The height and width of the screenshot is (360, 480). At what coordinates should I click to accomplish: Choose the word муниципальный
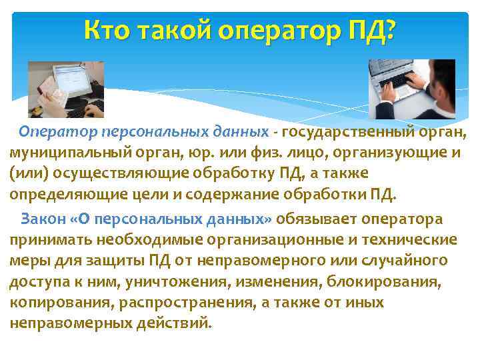point(65,152)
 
